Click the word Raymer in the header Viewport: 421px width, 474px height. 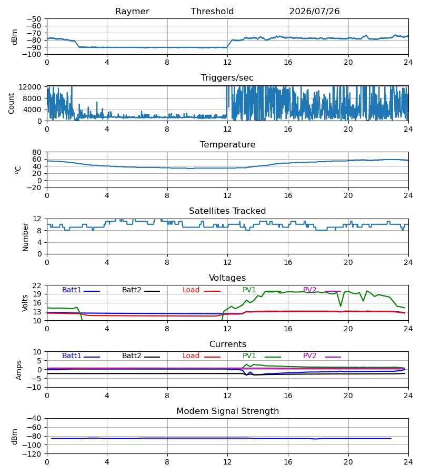click(132, 12)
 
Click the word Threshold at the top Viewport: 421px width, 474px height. click(212, 12)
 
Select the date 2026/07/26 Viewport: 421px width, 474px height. click(314, 12)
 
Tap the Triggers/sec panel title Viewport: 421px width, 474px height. click(227, 78)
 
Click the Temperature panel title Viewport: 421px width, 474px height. click(227, 144)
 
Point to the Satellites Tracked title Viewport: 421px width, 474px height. click(227, 211)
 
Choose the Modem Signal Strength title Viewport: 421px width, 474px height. click(227, 411)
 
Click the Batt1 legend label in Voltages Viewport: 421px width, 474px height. click(72, 290)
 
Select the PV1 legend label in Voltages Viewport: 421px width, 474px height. click(249, 290)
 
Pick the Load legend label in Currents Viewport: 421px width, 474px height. click(191, 356)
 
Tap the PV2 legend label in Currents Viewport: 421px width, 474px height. click(309, 356)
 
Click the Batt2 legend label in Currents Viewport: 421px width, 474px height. click(132, 356)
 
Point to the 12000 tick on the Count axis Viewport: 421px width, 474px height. click(30, 87)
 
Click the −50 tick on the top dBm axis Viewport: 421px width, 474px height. click(34, 19)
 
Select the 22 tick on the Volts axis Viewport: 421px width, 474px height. click(37, 285)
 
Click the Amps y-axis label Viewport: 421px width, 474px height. click(19, 370)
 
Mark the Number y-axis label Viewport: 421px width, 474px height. click(25, 237)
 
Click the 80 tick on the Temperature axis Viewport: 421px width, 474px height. click(37, 152)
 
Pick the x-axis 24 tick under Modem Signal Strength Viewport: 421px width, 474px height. click(408, 462)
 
